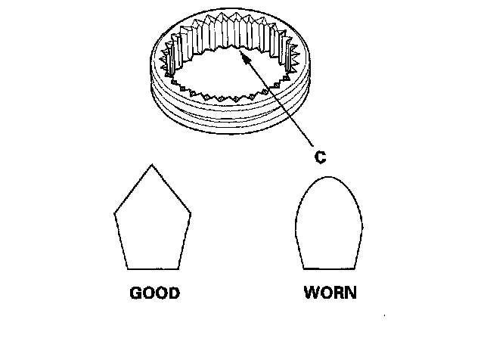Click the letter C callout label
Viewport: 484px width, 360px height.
tap(319, 157)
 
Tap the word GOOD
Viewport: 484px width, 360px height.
tap(155, 293)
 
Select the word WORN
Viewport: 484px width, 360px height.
tap(330, 293)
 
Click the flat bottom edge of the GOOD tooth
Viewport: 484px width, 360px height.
tap(152, 268)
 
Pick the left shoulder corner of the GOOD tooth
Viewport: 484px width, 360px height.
tap(114, 213)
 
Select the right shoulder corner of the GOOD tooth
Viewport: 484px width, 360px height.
tap(191, 213)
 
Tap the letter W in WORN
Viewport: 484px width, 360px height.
tap(312, 293)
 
